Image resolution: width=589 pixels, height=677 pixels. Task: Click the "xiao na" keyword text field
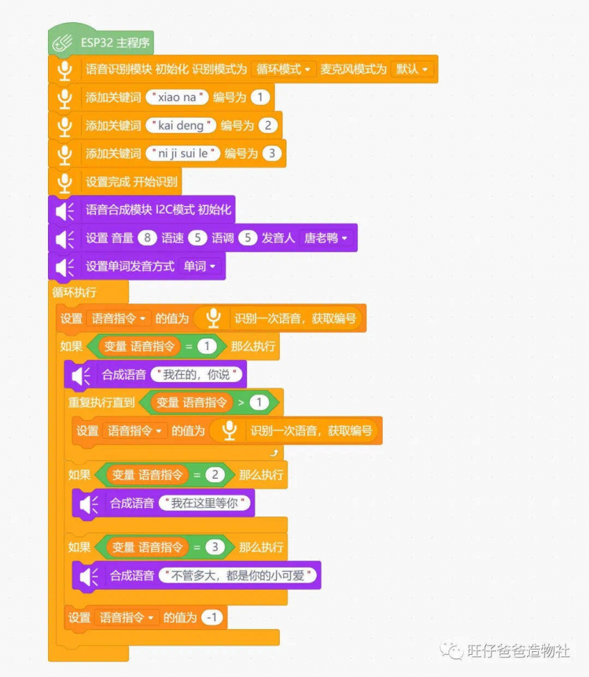pos(177,97)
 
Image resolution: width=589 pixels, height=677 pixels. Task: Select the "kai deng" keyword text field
pos(181,126)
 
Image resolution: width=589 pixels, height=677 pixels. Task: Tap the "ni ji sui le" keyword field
pos(183,153)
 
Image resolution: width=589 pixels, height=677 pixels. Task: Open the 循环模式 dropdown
pos(283,69)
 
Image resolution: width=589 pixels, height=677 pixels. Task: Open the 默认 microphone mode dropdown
pos(412,69)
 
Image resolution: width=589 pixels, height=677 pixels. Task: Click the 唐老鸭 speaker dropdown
pos(326,238)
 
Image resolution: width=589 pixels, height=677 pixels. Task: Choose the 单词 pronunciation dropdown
pos(200,266)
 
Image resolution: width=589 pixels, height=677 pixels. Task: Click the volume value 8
pos(147,238)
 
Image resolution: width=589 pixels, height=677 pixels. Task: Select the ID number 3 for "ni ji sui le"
pos(272,153)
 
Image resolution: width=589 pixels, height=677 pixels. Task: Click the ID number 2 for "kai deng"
pos(268,126)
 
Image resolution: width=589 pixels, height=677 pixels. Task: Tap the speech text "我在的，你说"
pos(197,374)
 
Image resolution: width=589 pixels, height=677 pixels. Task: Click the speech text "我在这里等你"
pos(205,503)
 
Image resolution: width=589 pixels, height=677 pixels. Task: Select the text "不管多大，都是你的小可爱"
pos(238,575)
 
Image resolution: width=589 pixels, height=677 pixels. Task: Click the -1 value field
pos(212,618)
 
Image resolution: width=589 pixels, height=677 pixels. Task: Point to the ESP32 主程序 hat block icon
pos(62,43)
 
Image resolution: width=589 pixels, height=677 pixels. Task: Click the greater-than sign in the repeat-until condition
pos(241,402)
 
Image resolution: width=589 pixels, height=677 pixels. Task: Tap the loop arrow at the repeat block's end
pos(274,452)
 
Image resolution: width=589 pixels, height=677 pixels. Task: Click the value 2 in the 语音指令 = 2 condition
pos(215,475)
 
